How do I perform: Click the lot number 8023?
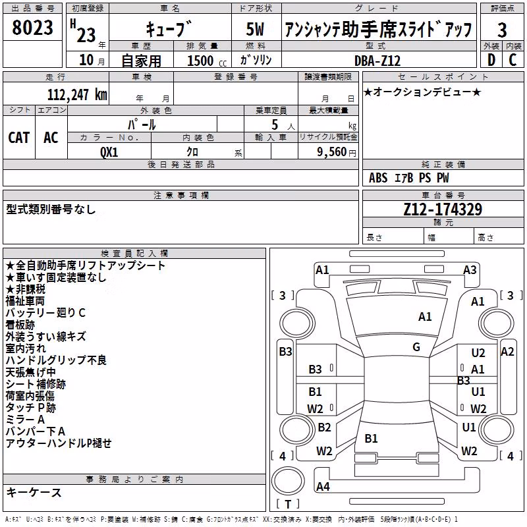tap(32, 28)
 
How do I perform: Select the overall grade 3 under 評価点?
tap(502, 30)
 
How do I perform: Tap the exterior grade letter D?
tap(491, 60)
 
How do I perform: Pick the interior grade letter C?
tap(513, 60)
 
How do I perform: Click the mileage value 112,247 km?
tap(77, 94)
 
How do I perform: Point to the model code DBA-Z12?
tap(377, 61)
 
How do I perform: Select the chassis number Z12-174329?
tap(443, 209)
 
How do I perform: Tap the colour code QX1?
tap(109, 152)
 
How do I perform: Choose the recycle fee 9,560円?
tap(337, 152)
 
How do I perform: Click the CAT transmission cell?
tap(19, 138)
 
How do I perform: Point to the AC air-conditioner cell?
tap(51, 138)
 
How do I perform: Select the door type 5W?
tap(255, 29)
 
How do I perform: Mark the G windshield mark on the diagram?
tap(416, 347)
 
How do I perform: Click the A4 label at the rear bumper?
tap(323, 486)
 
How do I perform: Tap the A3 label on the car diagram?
tap(470, 270)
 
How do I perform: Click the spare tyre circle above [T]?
tap(288, 480)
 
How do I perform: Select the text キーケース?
tap(34, 492)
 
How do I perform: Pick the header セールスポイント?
tap(443, 77)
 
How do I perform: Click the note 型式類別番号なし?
tap(51, 209)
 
